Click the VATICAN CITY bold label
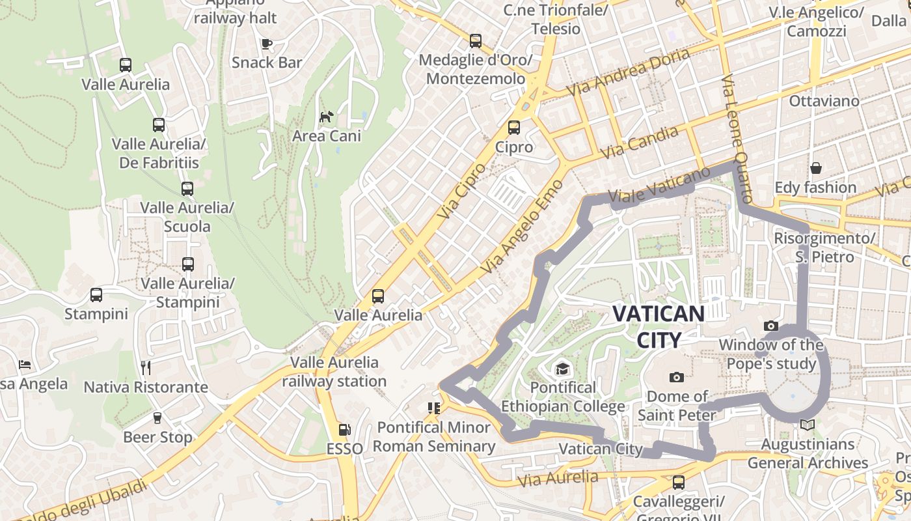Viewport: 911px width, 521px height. tap(659, 326)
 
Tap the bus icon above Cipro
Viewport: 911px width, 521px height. tap(514, 128)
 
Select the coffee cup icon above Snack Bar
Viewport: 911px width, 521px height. tap(266, 44)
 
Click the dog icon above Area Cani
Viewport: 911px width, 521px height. tap(326, 117)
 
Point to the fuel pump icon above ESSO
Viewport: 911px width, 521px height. tap(344, 430)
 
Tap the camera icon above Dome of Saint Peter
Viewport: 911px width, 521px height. tap(677, 377)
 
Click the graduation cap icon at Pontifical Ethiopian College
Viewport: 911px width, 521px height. tap(562, 369)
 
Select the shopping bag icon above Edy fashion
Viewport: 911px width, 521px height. tap(815, 169)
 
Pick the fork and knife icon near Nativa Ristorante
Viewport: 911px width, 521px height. tap(146, 368)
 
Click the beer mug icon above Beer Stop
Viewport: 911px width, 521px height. tap(157, 418)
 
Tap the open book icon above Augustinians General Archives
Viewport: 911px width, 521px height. tap(807, 425)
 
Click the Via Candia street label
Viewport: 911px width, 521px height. tap(640, 143)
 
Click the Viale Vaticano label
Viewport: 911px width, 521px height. tap(659, 186)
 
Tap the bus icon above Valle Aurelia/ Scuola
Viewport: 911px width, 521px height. tap(187, 189)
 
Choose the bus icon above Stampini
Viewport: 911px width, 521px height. tap(96, 295)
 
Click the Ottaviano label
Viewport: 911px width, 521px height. tap(824, 101)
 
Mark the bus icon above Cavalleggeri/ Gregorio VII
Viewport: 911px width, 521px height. tap(679, 483)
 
